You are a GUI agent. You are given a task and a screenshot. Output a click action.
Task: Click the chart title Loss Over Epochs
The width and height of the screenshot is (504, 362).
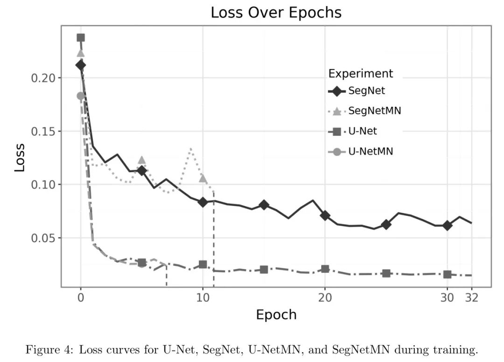pos(276,13)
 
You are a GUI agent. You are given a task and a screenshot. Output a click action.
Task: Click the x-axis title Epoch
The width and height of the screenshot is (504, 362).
pos(276,314)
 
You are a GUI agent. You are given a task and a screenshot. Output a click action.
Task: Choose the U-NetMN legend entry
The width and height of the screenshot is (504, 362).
pos(371,151)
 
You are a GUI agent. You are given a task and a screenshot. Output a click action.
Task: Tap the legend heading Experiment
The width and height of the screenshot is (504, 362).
pos(360,74)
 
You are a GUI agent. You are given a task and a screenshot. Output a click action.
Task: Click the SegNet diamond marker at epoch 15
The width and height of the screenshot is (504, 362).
pos(264,205)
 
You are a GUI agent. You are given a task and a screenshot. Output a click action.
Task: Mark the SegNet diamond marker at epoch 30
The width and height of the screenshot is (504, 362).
pos(447,226)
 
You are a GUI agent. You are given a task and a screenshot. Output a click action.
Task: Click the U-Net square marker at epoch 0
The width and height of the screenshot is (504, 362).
pos(81,38)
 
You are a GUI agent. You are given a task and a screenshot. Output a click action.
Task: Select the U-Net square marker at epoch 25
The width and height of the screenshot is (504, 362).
pos(386,273)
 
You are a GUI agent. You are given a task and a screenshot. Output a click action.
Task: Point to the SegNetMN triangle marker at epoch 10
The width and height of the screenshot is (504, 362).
pos(203,178)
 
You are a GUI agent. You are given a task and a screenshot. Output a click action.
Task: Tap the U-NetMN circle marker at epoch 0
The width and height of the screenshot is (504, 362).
pos(81,96)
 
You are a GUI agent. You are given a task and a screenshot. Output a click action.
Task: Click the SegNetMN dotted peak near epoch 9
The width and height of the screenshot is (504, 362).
pos(190,149)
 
